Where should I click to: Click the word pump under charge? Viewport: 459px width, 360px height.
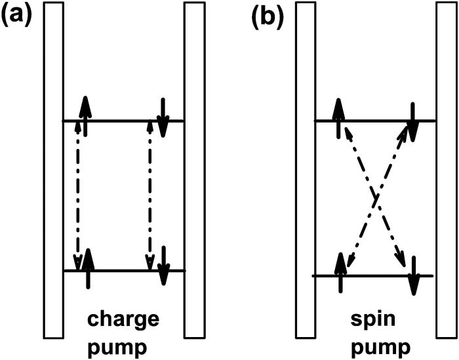pyautogui.click(x=124, y=344)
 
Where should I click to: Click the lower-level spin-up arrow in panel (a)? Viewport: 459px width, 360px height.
pyautogui.click(x=88, y=268)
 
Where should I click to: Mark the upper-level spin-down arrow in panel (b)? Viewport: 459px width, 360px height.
pyautogui.click(x=412, y=121)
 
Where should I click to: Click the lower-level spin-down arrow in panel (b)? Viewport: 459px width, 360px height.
pyautogui.click(x=413, y=274)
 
